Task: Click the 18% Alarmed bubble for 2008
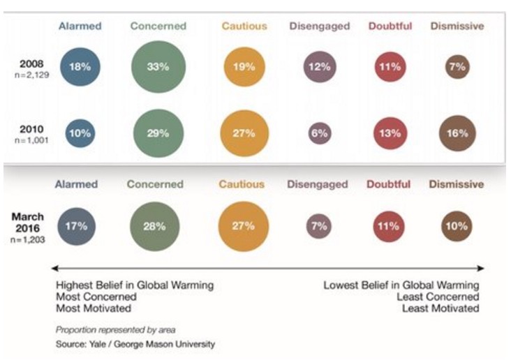pyautogui.click(x=80, y=68)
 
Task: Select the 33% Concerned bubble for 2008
pyautogui.click(x=158, y=68)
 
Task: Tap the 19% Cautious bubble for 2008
pyautogui.click(x=244, y=68)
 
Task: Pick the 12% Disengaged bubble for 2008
pyautogui.click(x=320, y=68)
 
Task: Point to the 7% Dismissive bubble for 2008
pyautogui.click(x=458, y=68)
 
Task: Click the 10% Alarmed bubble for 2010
pyautogui.click(x=80, y=133)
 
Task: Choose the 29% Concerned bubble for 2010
pyautogui.click(x=158, y=133)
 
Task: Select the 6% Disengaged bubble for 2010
pyautogui.click(x=320, y=133)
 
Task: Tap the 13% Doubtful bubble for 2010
pyautogui.click(x=390, y=133)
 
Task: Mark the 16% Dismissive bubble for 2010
pyautogui.click(x=457, y=133)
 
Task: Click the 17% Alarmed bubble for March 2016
pyautogui.click(x=77, y=226)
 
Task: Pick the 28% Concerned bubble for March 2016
pyautogui.click(x=154, y=226)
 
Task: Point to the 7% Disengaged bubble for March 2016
pyautogui.click(x=318, y=226)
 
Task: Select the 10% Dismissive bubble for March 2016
pyautogui.click(x=457, y=226)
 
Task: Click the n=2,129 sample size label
pyautogui.click(x=29, y=74)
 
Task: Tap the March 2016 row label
pyautogui.click(x=28, y=222)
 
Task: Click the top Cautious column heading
pyautogui.click(x=244, y=27)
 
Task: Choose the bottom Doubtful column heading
pyautogui.click(x=389, y=184)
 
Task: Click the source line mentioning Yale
pyautogui.click(x=135, y=344)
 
